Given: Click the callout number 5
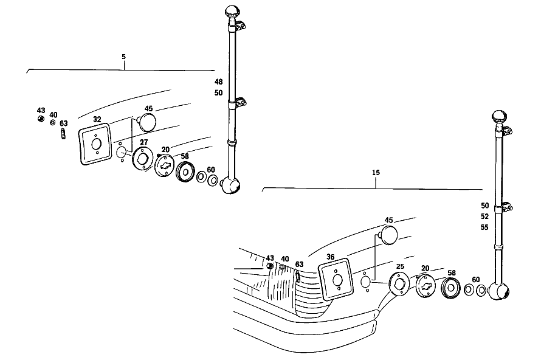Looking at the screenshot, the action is (124, 57).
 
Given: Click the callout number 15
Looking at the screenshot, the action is (376, 172).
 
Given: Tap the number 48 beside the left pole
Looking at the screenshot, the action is (219, 82).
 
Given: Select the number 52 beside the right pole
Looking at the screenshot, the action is (484, 216).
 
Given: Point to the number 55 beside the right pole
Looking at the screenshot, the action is (484, 227).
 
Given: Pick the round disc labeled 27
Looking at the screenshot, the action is (143, 159).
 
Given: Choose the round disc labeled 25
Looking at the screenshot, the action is (399, 284).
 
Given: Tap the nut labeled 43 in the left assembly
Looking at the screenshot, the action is (41, 119).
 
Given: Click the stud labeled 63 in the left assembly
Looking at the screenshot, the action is (63, 134).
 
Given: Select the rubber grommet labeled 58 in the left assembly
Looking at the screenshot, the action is (185, 171).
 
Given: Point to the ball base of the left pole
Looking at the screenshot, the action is (230, 185).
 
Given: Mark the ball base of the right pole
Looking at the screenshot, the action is (499, 291).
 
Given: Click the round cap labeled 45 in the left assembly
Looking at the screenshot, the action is (147, 122).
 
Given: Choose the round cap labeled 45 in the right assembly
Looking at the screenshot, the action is (388, 235).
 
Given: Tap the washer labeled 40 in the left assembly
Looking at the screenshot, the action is (52, 122).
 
